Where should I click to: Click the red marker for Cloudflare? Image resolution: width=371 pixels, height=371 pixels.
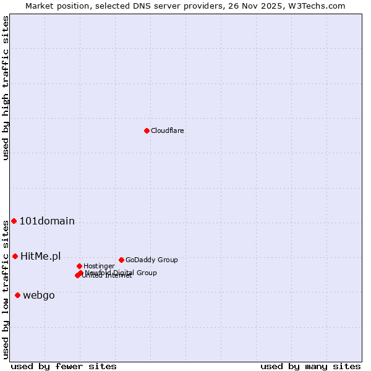(147, 130)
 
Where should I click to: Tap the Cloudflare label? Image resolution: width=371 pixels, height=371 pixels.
(168, 130)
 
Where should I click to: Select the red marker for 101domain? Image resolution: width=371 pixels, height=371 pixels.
(14, 221)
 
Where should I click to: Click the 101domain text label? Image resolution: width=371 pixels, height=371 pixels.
(47, 221)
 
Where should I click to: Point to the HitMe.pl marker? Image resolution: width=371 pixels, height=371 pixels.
(15, 256)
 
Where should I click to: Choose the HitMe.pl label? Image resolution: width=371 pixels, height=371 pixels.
(41, 256)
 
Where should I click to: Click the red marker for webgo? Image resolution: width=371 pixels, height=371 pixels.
(17, 296)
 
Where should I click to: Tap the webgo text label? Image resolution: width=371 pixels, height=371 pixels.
(39, 296)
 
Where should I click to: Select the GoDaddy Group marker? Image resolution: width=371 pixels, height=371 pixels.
(121, 260)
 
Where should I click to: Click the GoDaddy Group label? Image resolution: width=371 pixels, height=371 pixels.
(151, 260)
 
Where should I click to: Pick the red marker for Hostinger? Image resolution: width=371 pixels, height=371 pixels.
(79, 266)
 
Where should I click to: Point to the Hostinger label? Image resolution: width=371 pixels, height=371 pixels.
(99, 266)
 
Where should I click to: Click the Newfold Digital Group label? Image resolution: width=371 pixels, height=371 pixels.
(121, 272)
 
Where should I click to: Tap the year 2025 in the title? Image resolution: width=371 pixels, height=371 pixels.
(281, 6)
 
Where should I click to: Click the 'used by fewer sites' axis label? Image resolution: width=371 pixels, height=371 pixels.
(64, 366)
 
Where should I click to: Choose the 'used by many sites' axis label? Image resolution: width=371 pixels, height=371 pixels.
(310, 366)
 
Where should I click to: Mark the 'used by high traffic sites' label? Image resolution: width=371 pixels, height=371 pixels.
(6, 88)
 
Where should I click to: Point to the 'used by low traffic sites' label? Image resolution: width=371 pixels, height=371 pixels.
(6, 289)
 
